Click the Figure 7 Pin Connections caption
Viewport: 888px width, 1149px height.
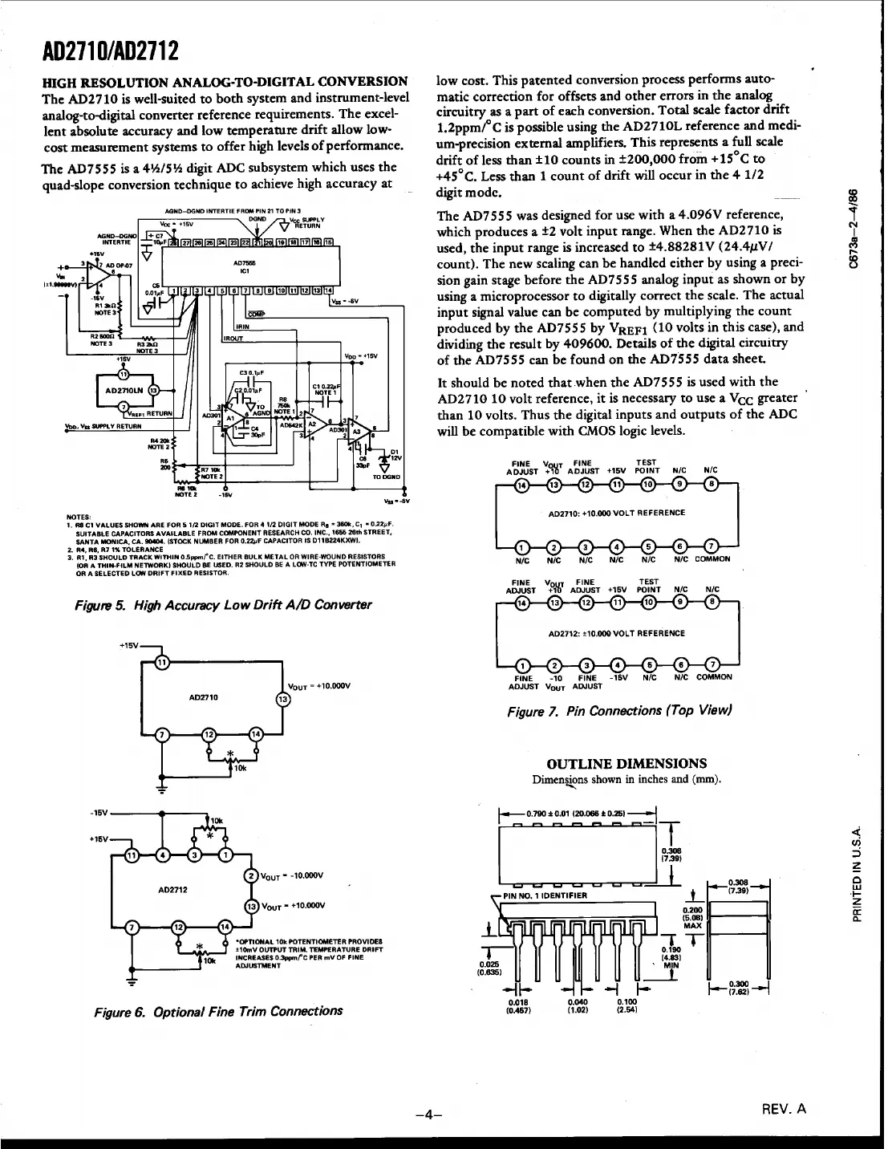pyautogui.click(x=618, y=711)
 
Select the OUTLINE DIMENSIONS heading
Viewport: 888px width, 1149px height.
pyautogui.click(x=626, y=763)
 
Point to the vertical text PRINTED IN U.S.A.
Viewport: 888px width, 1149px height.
pyautogui.click(x=858, y=875)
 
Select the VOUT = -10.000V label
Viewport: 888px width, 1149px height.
pyautogui.click(x=293, y=875)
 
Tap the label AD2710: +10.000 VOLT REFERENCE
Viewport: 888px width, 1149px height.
pyautogui.click(x=616, y=512)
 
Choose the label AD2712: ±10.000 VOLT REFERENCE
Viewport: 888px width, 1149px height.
pyautogui.click(x=616, y=633)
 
